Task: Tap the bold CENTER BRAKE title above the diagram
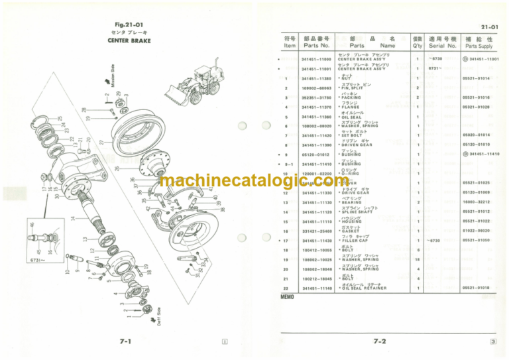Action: tap(129, 40)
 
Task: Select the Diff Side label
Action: tap(159, 318)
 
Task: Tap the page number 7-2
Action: tap(380, 342)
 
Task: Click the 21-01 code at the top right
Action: tap(491, 25)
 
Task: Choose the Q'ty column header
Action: tap(418, 42)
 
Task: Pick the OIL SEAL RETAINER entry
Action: tap(363, 288)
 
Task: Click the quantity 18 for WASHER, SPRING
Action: tap(418, 260)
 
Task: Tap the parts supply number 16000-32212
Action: tap(477, 202)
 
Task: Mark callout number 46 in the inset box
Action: tap(32, 226)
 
